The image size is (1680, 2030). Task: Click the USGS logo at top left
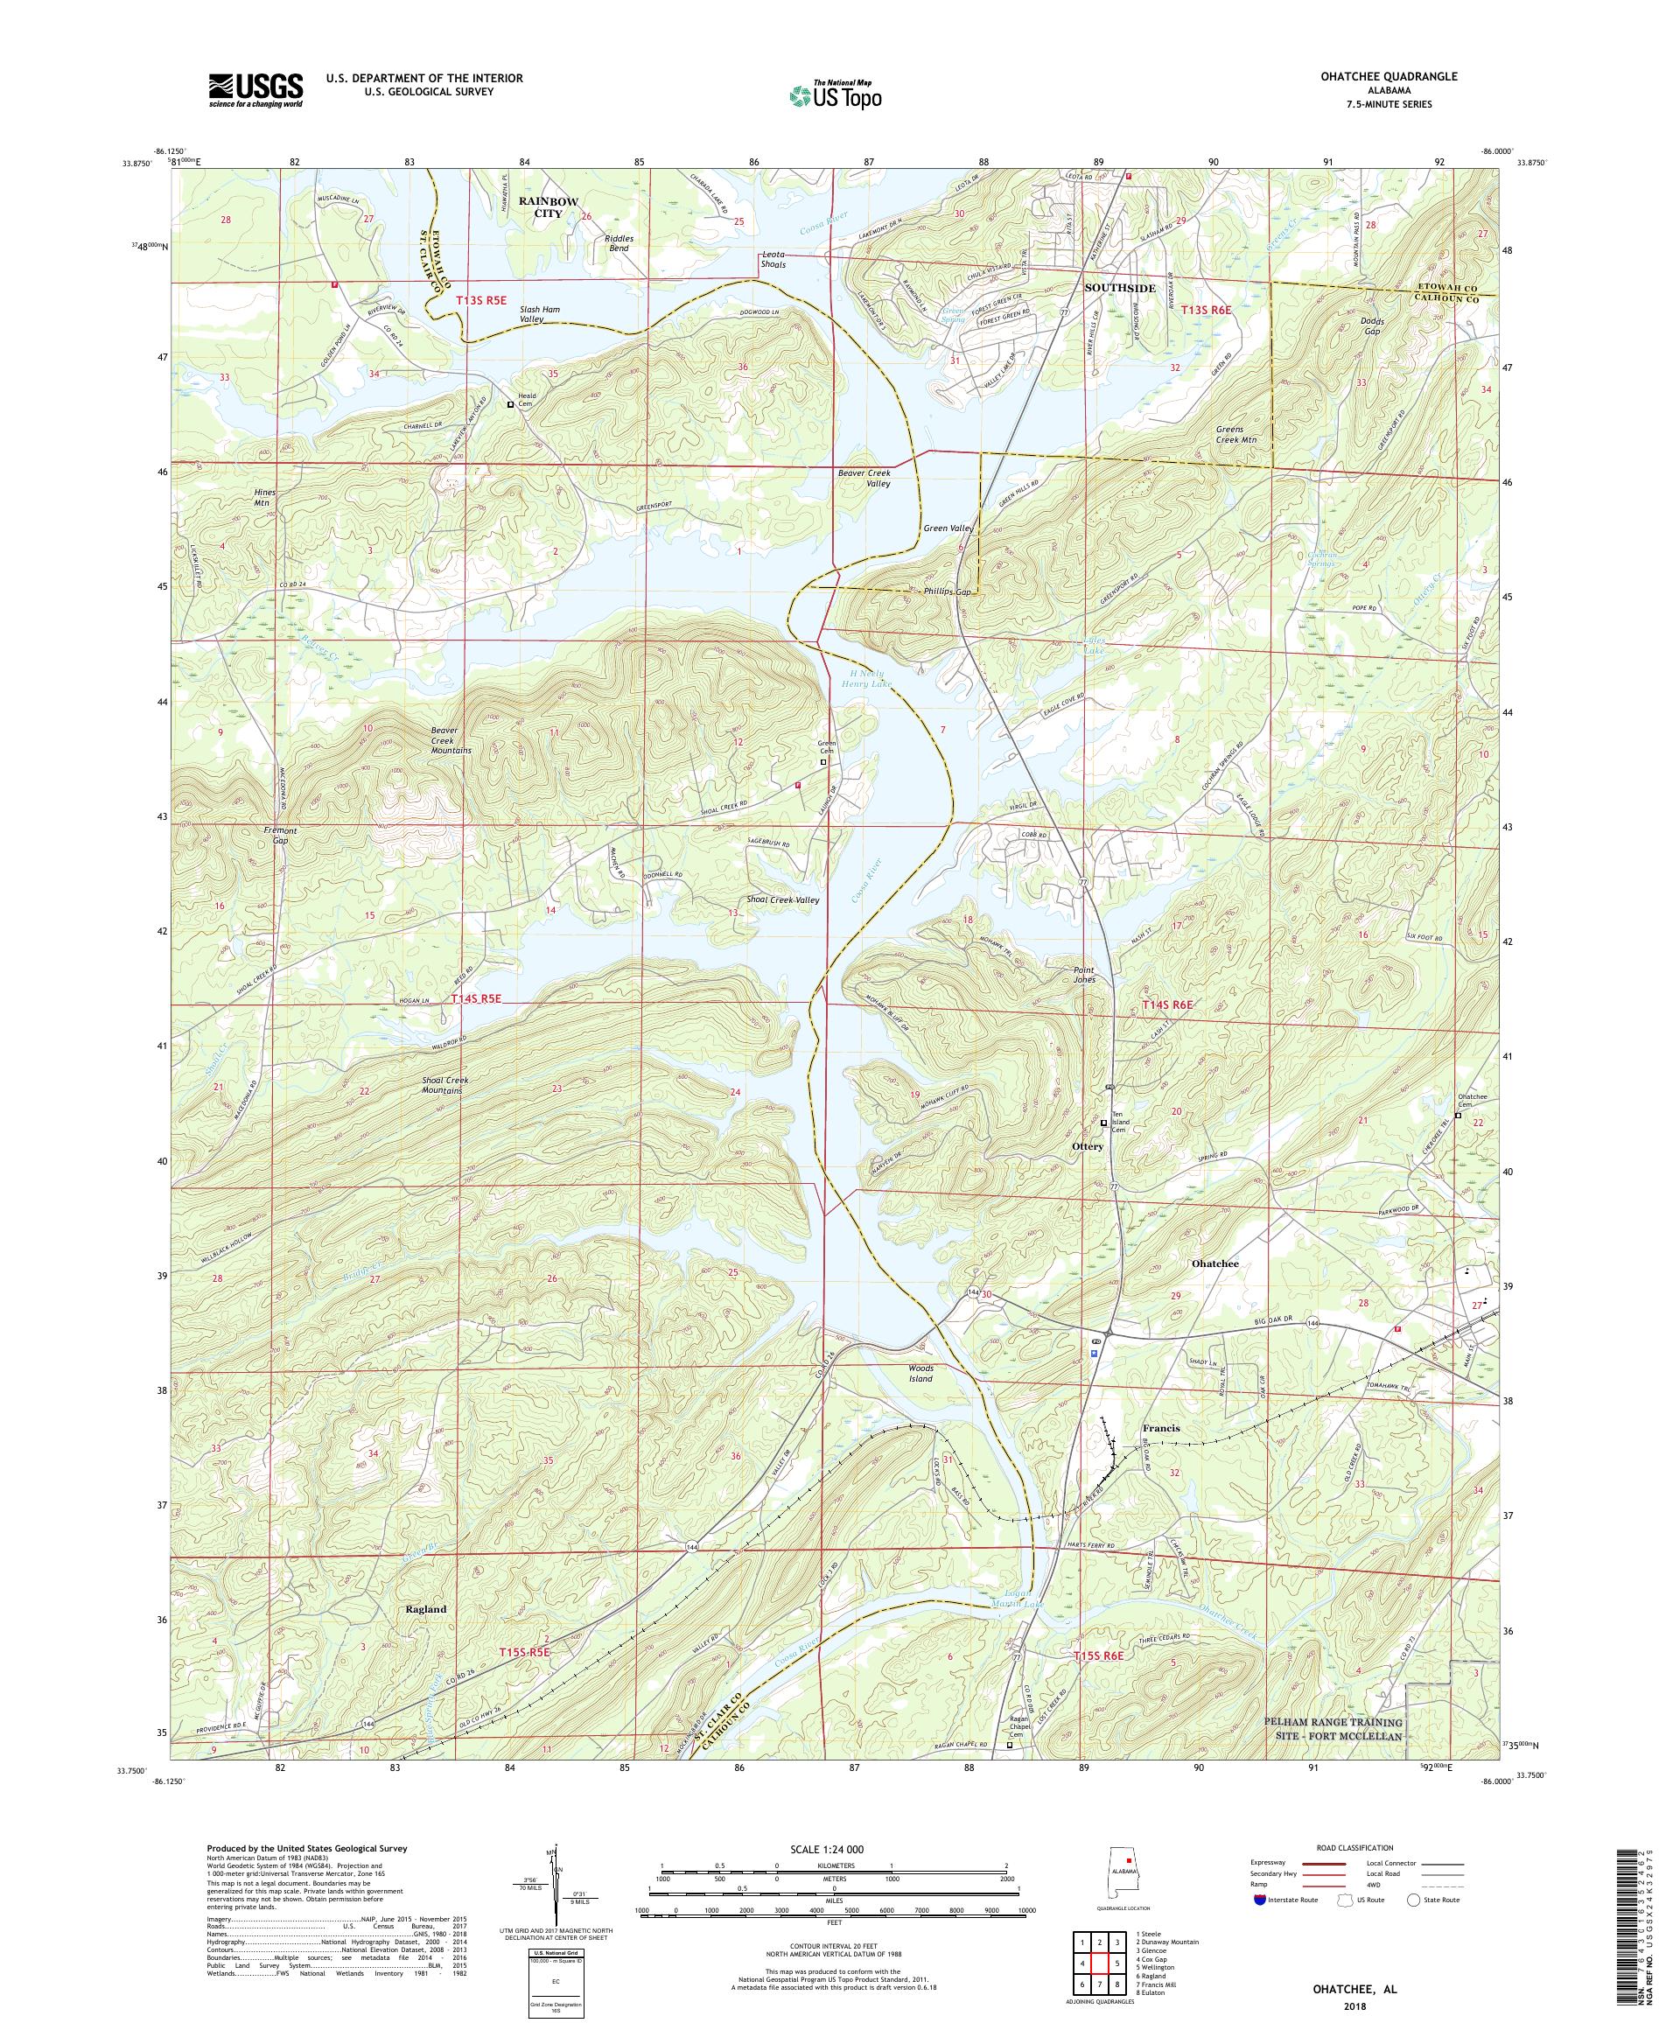click(x=255, y=91)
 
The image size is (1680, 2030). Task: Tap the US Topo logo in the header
click(x=836, y=94)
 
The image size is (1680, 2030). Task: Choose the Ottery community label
click(x=1088, y=1146)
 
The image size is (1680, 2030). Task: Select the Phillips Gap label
click(x=944, y=591)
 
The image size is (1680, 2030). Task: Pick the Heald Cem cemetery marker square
click(x=511, y=406)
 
